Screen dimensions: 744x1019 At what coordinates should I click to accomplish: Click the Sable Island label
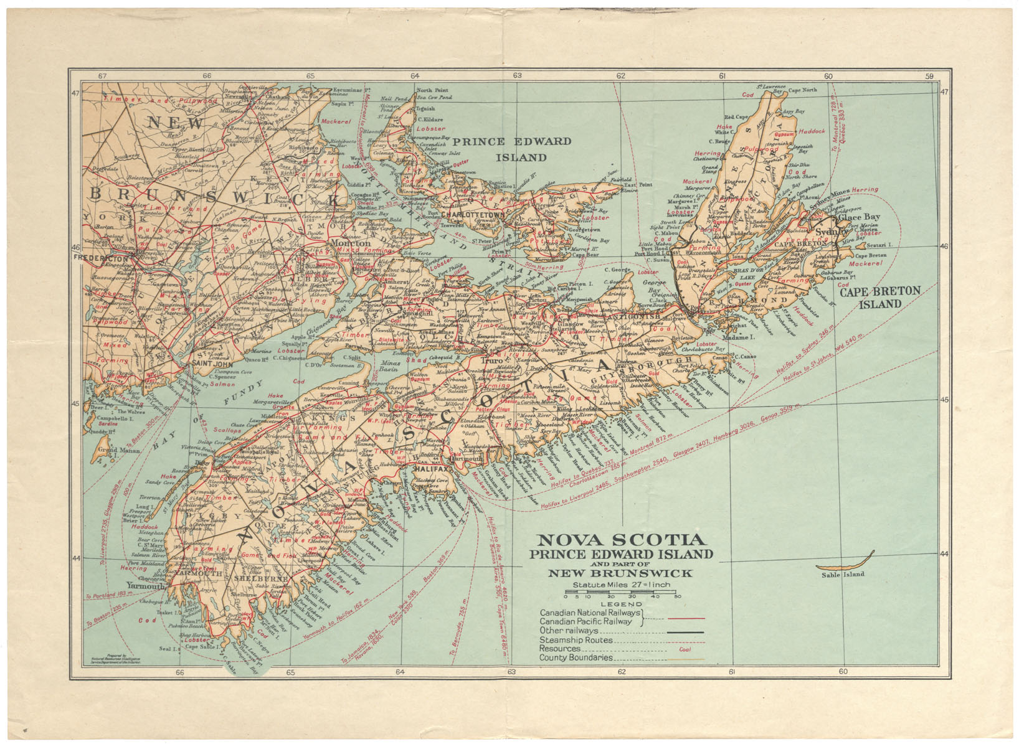[843, 574]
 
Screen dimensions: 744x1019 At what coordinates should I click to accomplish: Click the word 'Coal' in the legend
[685, 649]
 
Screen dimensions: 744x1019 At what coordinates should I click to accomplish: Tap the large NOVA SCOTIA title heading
[621, 540]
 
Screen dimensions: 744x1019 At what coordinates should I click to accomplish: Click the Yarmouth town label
[146, 586]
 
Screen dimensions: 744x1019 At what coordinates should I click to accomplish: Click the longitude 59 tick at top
[930, 76]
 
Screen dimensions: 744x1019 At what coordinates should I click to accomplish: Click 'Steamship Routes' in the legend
[576, 639]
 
